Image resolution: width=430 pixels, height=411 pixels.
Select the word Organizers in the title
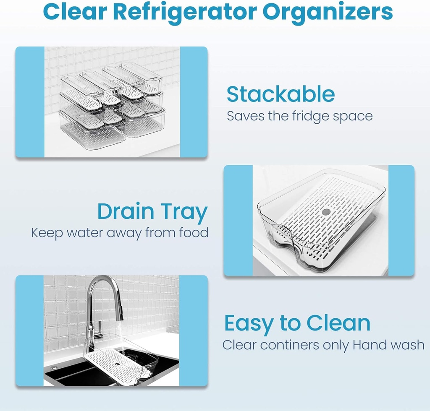coord(332,13)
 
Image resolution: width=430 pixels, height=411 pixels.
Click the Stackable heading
coord(281,95)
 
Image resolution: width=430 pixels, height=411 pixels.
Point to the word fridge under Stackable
coord(309,116)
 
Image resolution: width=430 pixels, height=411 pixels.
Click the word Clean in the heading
coord(338,323)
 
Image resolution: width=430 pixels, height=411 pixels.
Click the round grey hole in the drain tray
coord(326,212)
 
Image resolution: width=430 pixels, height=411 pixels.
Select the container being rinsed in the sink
coord(120,361)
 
